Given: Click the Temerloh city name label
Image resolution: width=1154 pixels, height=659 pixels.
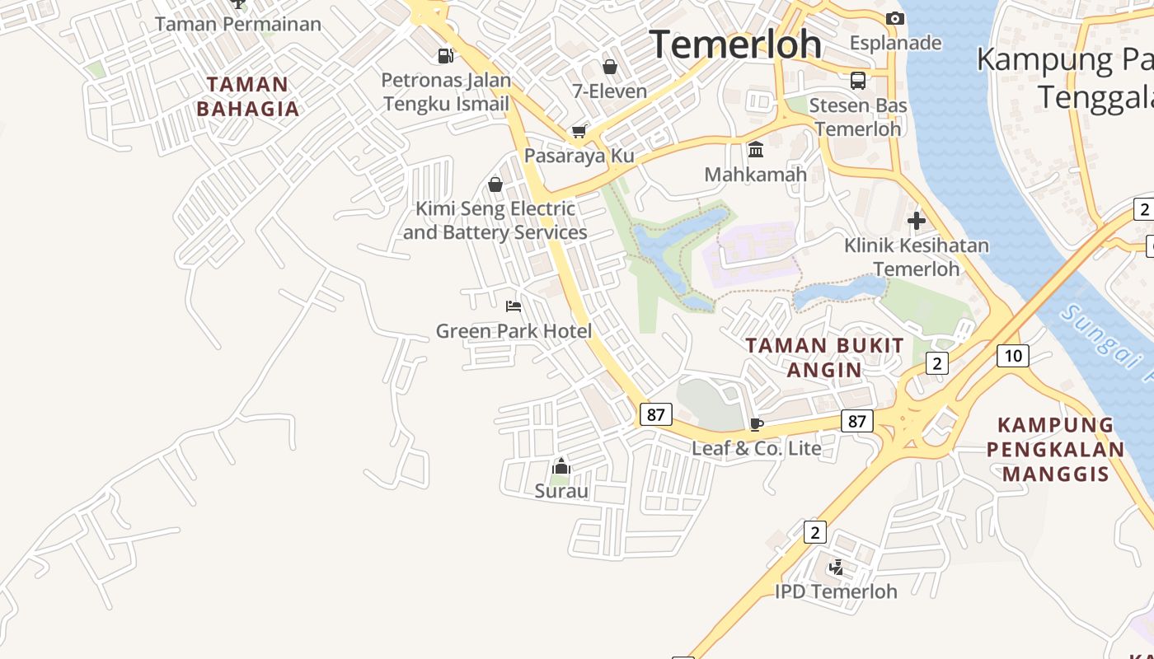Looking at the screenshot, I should coord(735,44).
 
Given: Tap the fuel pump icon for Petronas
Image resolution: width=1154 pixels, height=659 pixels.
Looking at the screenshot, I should coord(445,56).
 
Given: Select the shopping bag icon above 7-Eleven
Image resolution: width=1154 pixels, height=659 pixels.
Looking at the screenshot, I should coord(610,67).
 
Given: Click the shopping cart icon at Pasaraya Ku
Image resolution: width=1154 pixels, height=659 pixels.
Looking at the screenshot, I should coord(579,132).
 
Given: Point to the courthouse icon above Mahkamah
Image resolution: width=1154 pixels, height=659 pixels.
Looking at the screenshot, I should coord(756,149).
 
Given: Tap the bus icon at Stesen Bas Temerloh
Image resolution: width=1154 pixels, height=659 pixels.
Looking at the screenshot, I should coord(858,81).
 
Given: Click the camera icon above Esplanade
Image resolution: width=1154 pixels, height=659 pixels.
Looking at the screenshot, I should coord(894,18).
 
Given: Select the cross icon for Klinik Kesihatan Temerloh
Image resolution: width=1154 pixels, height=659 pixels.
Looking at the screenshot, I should coord(916,221).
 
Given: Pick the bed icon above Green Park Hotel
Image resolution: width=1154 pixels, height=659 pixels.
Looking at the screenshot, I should coord(514,306).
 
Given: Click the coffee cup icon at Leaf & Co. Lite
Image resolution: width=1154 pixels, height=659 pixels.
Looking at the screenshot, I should coord(756,424).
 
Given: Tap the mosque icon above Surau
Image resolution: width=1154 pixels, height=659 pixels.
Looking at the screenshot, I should coord(561,467).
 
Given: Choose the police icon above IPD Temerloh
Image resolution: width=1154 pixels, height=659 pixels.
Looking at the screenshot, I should coord(836,567).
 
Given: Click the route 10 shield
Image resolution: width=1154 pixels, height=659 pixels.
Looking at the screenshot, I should coord(1012,356).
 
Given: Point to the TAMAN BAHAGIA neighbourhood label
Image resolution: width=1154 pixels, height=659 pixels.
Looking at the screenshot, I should coord(247,96).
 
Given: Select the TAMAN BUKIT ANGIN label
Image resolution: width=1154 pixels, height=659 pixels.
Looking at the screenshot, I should coord(824,358).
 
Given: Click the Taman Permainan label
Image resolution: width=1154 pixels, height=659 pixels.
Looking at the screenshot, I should coord(238,24).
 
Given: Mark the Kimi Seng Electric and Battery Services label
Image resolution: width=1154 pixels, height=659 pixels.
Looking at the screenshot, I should coord(495,221).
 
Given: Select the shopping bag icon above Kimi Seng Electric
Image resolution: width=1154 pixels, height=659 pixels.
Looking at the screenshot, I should coord(495,185).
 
